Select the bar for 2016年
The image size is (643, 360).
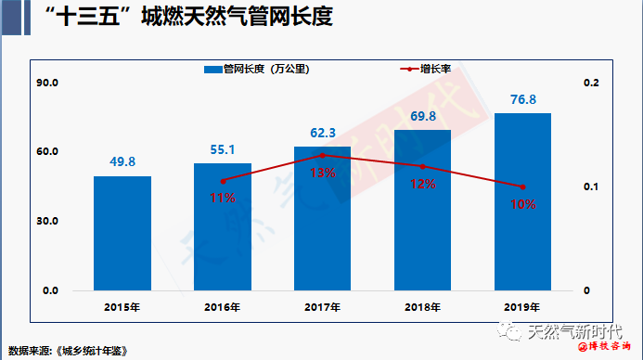(x=222, y=226)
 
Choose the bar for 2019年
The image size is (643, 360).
(x=522, y=201)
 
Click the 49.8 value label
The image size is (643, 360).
(x=122, y=161)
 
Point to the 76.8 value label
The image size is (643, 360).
(x=522, y=99)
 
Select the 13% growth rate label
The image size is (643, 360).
(x=323, y=174)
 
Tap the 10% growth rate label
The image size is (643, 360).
(x=522, y=204)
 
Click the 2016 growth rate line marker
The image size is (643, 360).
(x=223, y=181)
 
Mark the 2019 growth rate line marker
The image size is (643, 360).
(x=522, y=186)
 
